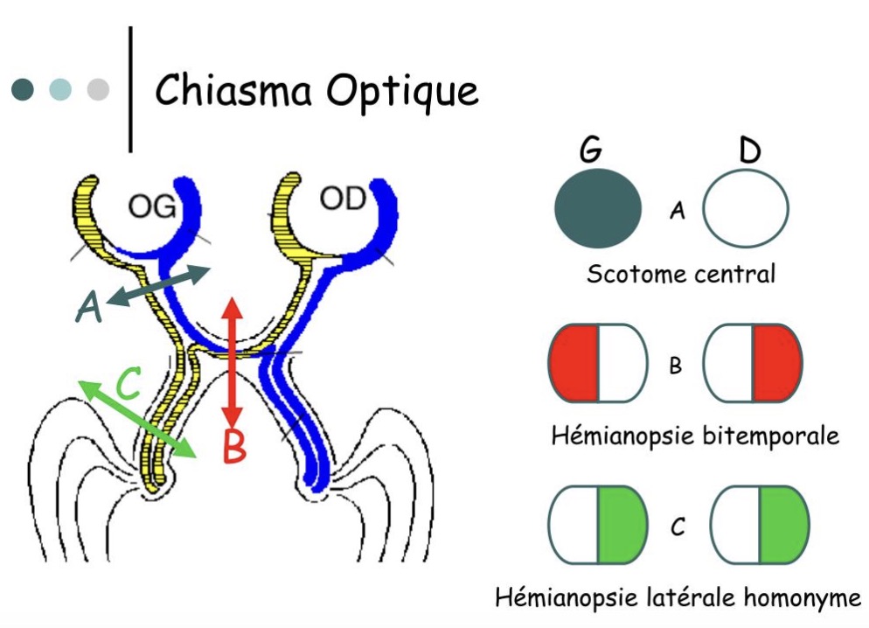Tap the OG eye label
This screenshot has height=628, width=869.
coord(151,207)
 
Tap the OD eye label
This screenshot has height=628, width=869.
coord(341,199)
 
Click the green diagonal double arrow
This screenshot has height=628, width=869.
coord(136,419)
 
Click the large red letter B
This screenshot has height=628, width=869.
coord(234,446)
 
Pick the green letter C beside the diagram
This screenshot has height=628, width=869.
coord(128,385)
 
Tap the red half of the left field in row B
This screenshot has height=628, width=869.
coord(574,363)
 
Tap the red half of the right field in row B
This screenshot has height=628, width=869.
coord(776,363)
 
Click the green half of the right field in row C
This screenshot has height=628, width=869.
coord(783,523)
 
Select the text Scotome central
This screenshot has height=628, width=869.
coord(680,274)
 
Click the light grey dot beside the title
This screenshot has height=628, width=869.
coord(99,89)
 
